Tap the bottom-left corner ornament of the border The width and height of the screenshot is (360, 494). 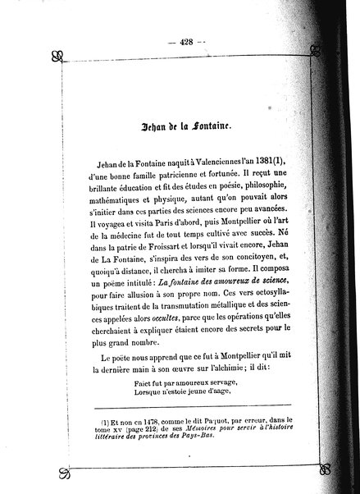[x=62, y=473]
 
